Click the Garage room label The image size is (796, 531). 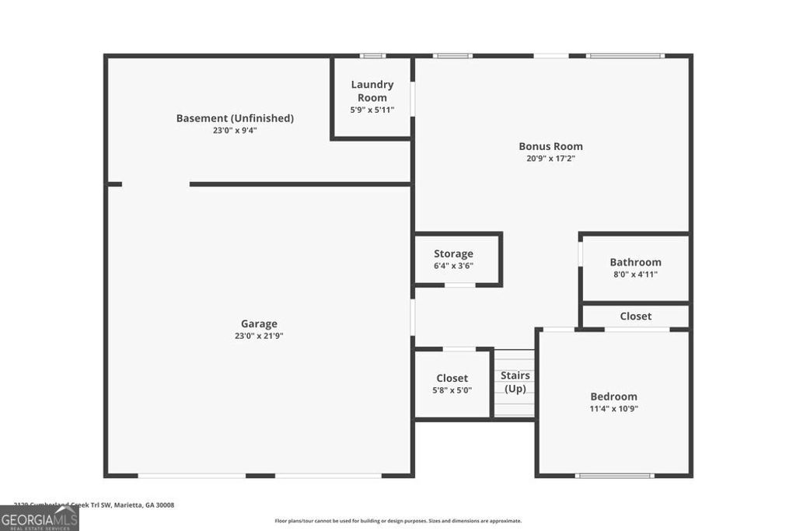coord(259,323)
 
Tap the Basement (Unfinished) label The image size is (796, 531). coord(235,118)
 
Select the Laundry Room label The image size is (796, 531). coord(372,91)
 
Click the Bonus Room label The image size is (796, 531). coord(550,146)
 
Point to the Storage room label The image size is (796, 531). coord(453,253)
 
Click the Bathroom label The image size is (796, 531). coord(635,262)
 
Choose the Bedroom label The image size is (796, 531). coord(613,396)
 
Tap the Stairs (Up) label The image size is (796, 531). coord(515,382)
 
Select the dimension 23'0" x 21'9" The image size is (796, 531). coord(259,336)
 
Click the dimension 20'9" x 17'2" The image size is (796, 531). coord(550,159)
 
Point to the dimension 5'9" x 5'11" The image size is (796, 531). coord(372,110)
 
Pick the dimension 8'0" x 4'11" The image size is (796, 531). coord(635,274)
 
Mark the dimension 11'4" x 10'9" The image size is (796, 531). coord(613,408)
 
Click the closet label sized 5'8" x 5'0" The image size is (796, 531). coord(452,379)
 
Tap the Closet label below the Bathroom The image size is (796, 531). coord(635,316)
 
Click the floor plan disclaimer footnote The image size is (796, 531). coord(398,521)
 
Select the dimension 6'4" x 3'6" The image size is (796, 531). coord(453,266)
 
